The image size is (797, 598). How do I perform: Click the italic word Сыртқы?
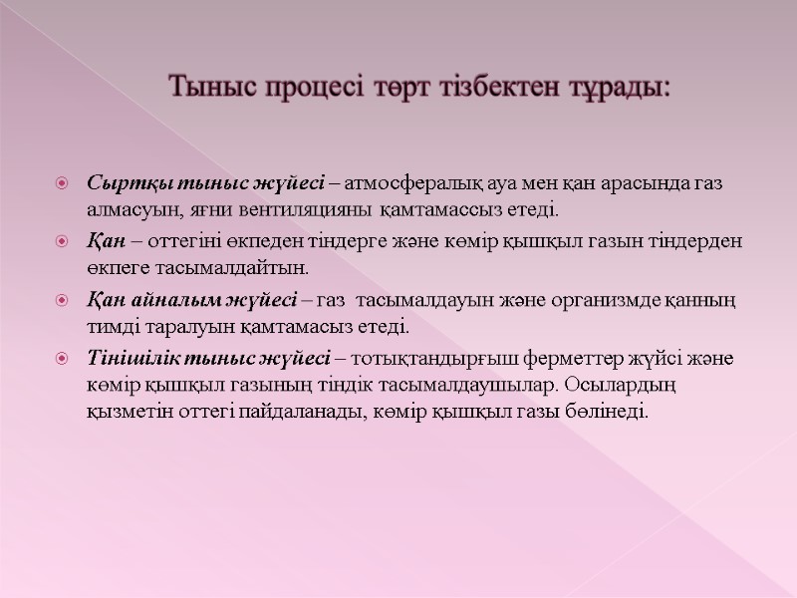[120, 184]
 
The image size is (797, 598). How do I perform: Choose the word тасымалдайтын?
[231, 269]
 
